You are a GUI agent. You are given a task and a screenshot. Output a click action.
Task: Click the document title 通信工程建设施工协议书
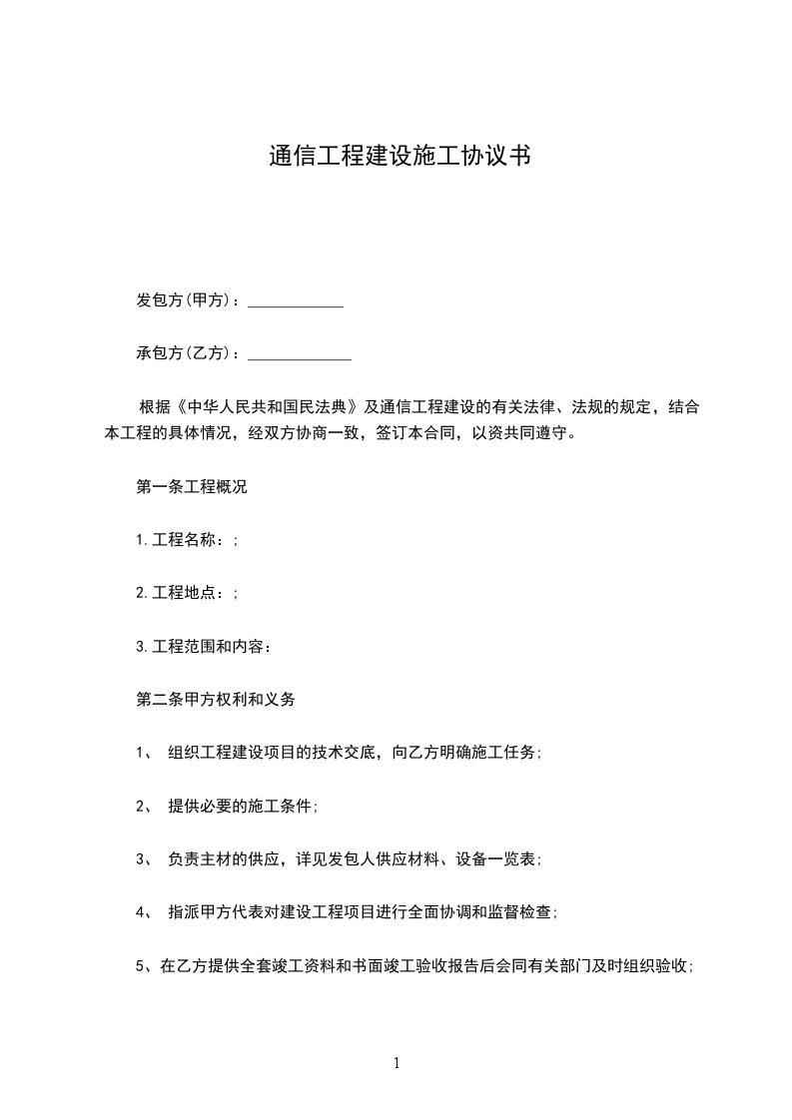[x=397, y=157]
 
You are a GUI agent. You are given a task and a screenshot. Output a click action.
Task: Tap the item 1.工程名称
[x=185, y=540]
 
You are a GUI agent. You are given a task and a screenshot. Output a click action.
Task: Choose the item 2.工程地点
[x=185, y=593]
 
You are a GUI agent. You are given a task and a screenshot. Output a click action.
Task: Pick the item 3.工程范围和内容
[x=203, y=646]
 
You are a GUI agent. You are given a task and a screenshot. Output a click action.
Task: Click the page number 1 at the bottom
[x=396, y=1064]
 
